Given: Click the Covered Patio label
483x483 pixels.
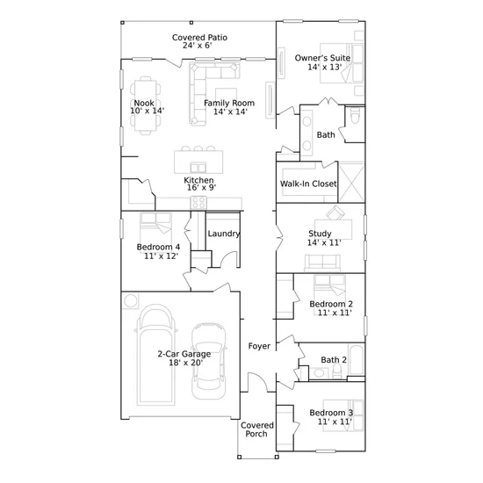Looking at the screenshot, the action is click(x=199, y=38).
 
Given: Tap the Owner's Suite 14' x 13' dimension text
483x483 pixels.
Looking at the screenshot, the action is click(x=325, y=67).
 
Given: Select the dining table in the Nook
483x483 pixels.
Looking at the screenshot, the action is click(x=145, y=105).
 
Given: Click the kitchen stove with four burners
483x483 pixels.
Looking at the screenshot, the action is click(x=198, y=203).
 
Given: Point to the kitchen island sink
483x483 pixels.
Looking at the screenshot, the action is click(x=198, y=168).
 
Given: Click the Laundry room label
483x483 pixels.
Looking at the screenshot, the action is click(x=224, y=234).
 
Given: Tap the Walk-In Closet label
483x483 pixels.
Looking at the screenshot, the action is click(x=308, y=184).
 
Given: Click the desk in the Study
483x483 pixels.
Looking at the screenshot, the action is click(x=334, y=229).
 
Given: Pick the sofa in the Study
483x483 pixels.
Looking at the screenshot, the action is click(x=322, y=263).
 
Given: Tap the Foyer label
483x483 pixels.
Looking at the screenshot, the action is click(x=259, y=346).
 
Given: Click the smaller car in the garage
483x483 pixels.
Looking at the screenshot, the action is click(x=208, y=361).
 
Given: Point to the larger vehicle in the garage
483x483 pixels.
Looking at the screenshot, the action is click(x=155, y=355).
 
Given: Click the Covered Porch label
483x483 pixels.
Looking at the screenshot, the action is click(x=257, y=429).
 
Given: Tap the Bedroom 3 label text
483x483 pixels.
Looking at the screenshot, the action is click(x=331, y=413).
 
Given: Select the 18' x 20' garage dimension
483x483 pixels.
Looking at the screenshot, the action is click(x=185, y=363).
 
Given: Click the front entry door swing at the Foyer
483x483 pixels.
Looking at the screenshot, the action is click(x=258, y=382).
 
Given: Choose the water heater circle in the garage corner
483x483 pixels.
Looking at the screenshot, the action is click(x=131, y=300).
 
